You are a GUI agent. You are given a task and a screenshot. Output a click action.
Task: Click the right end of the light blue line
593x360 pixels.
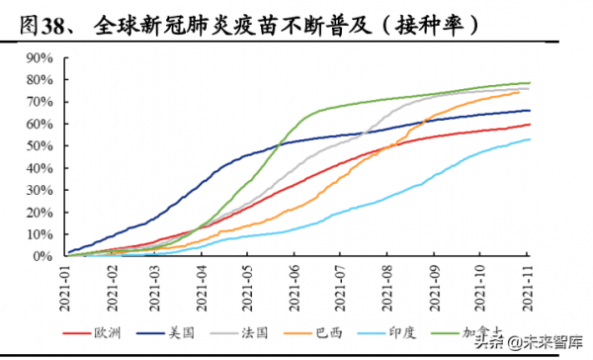[x=530, y=139]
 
